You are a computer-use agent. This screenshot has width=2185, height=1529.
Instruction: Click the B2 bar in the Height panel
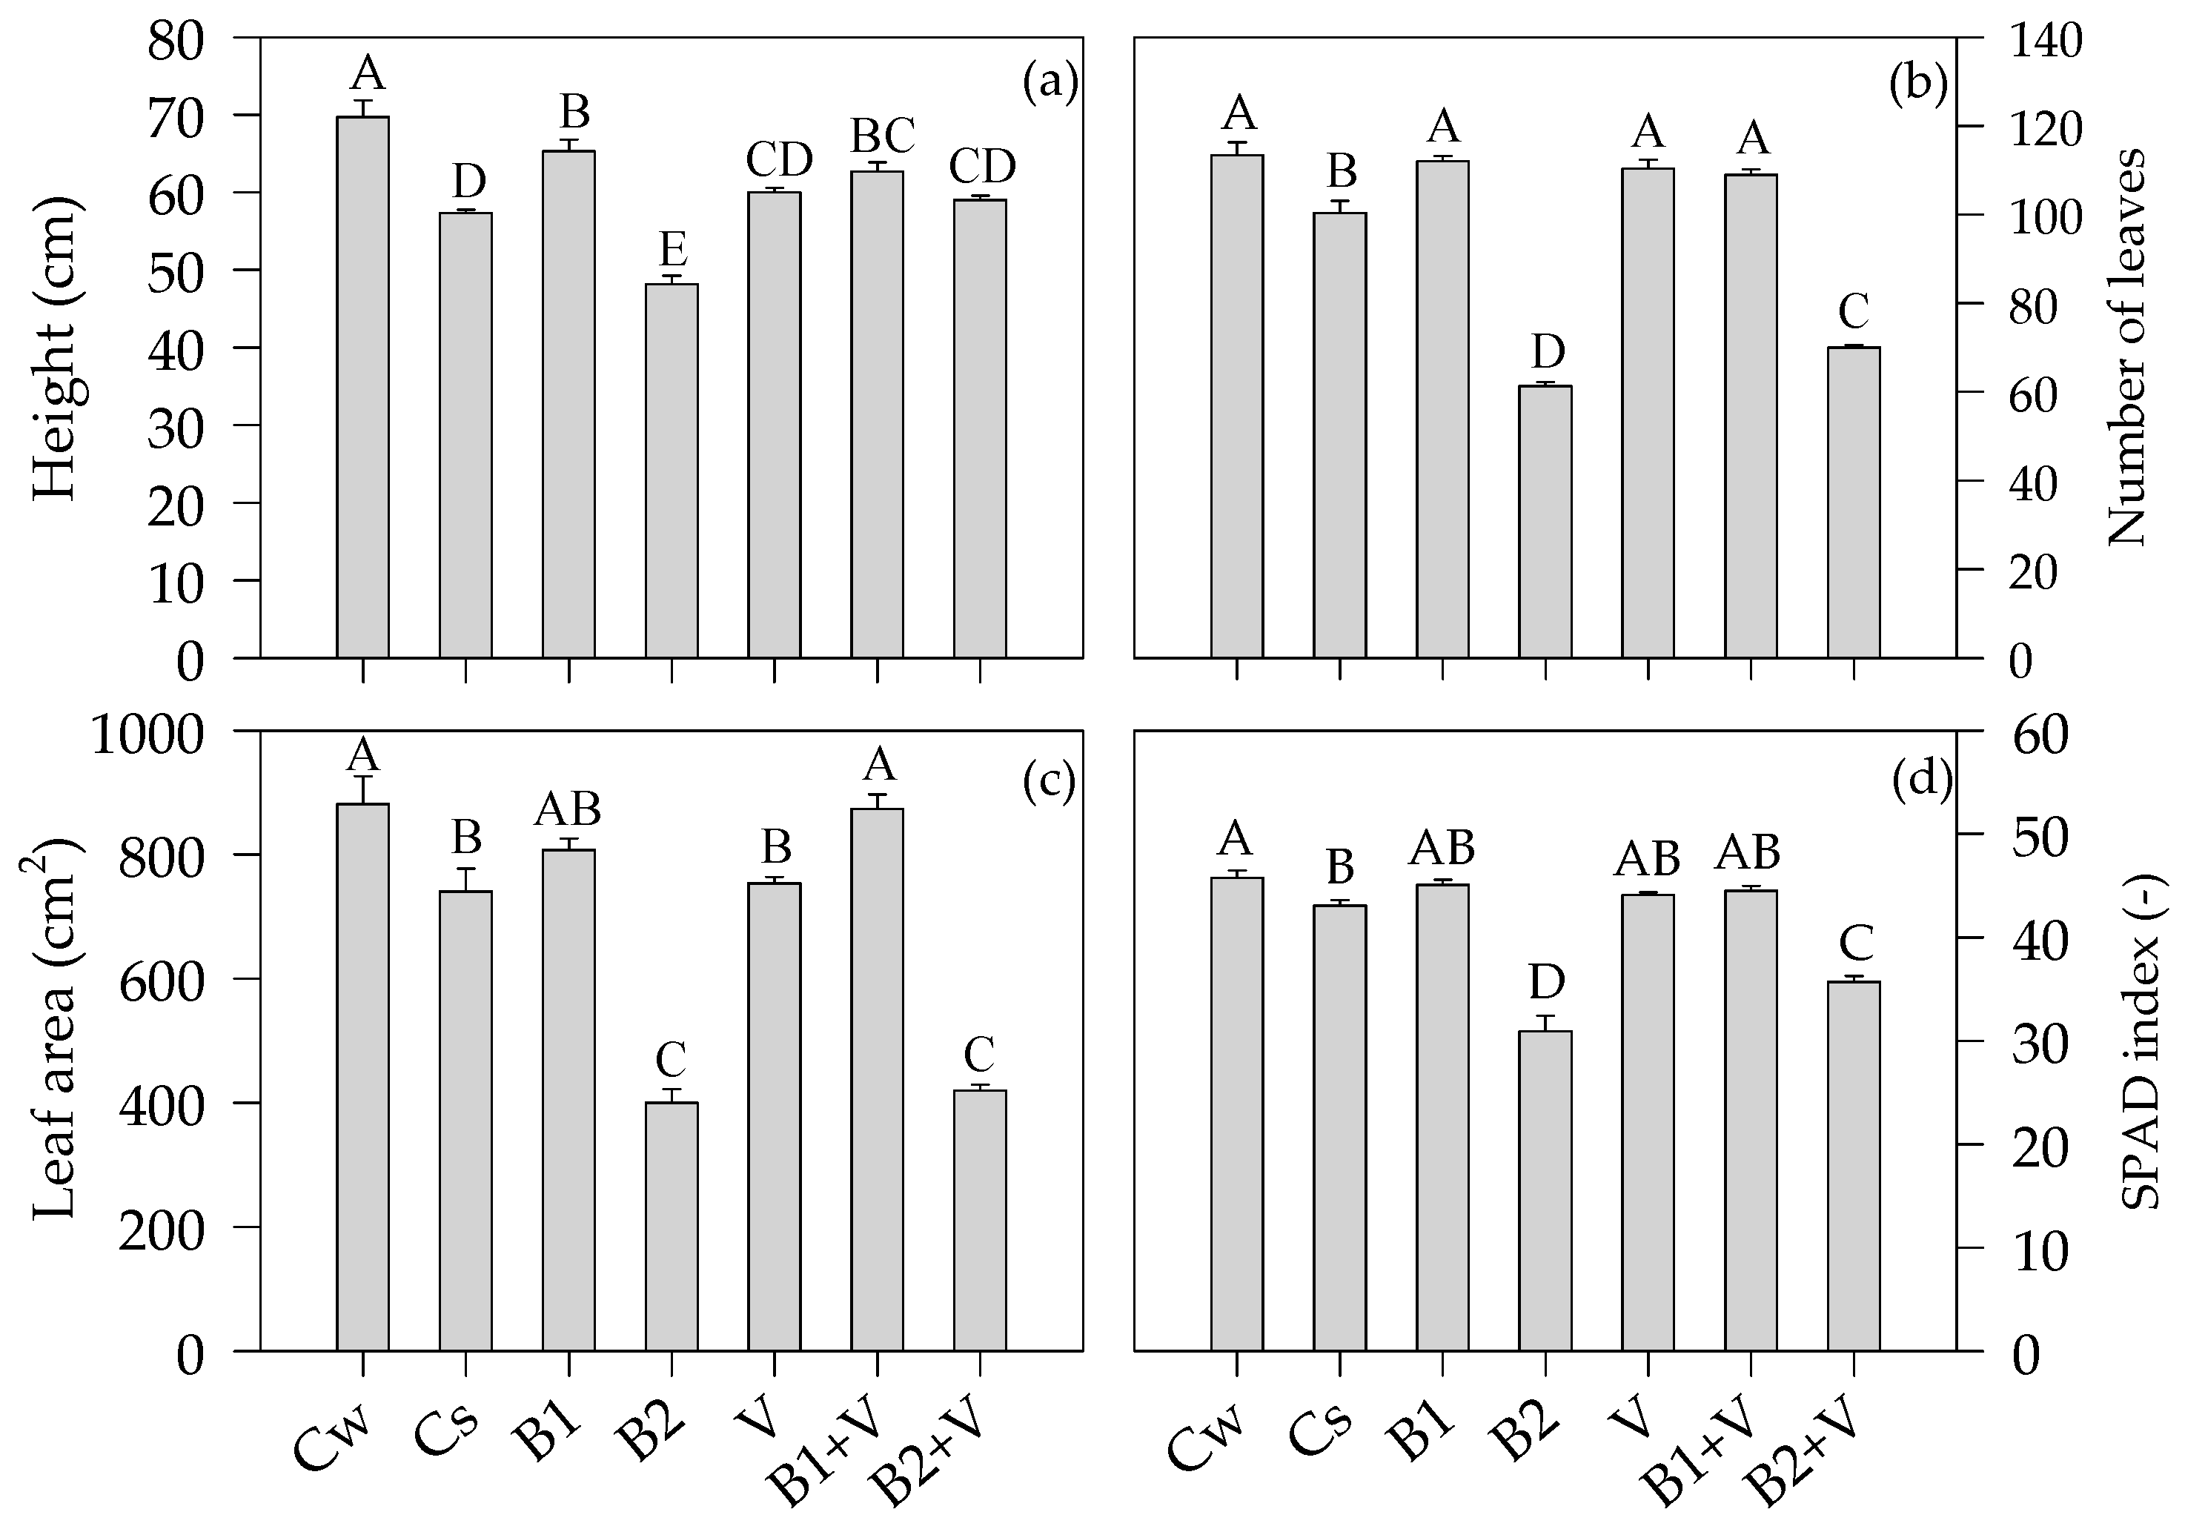tap(671, 471)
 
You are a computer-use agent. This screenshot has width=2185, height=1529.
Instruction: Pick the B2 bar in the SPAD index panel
tap(1545, 1190)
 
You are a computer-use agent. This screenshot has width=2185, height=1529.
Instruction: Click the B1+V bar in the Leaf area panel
tap(877, 1079)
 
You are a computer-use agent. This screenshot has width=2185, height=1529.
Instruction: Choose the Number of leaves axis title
tap(2128, 348)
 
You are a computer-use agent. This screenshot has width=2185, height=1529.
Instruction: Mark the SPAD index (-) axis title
tap(2141, 1043)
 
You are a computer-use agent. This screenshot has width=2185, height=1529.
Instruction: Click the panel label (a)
tap(1050, 84)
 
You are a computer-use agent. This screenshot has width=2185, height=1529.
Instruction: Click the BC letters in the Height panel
tap(882, 136)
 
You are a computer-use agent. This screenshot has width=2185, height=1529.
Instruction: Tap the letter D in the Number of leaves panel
tap(1548, 352)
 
